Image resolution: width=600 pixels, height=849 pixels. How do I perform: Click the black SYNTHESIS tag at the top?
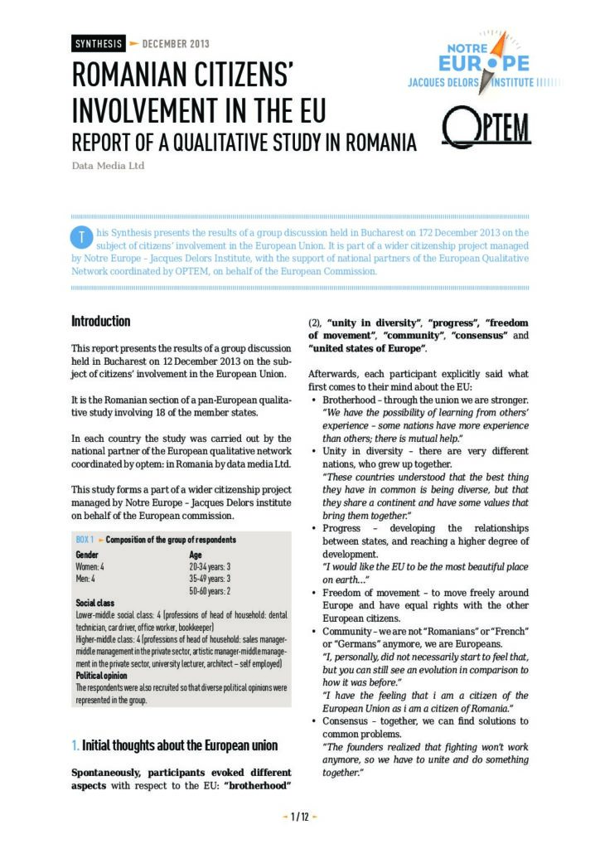click(98, 44)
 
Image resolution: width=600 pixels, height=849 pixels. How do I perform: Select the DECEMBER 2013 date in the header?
click(176, 44)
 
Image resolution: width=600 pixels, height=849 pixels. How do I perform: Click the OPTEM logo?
click(486, 127)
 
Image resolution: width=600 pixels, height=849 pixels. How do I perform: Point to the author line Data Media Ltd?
click(108, 166)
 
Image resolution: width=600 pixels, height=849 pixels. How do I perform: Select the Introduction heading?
click(100, 321)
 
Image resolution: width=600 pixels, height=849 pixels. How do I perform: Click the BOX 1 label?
click(85, 539)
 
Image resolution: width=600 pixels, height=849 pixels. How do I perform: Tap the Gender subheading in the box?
click(87, 554)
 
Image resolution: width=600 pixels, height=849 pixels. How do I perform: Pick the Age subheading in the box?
click(196, 554)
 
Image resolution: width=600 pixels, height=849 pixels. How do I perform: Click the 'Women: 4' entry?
click(90, 566)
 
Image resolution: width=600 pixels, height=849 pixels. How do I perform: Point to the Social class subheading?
click(94, 603)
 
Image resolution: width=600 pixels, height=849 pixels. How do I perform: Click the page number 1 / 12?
click(299, 817)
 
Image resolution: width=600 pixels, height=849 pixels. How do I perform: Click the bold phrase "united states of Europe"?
click(366, 349)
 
